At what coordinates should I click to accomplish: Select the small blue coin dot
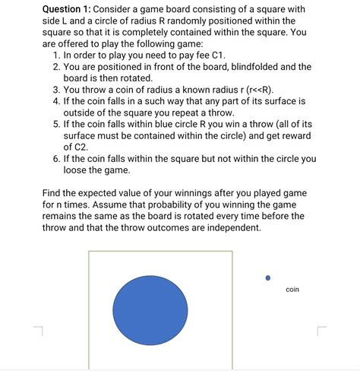pos(267,278)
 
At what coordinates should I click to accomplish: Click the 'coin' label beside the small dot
pos(292,290)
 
